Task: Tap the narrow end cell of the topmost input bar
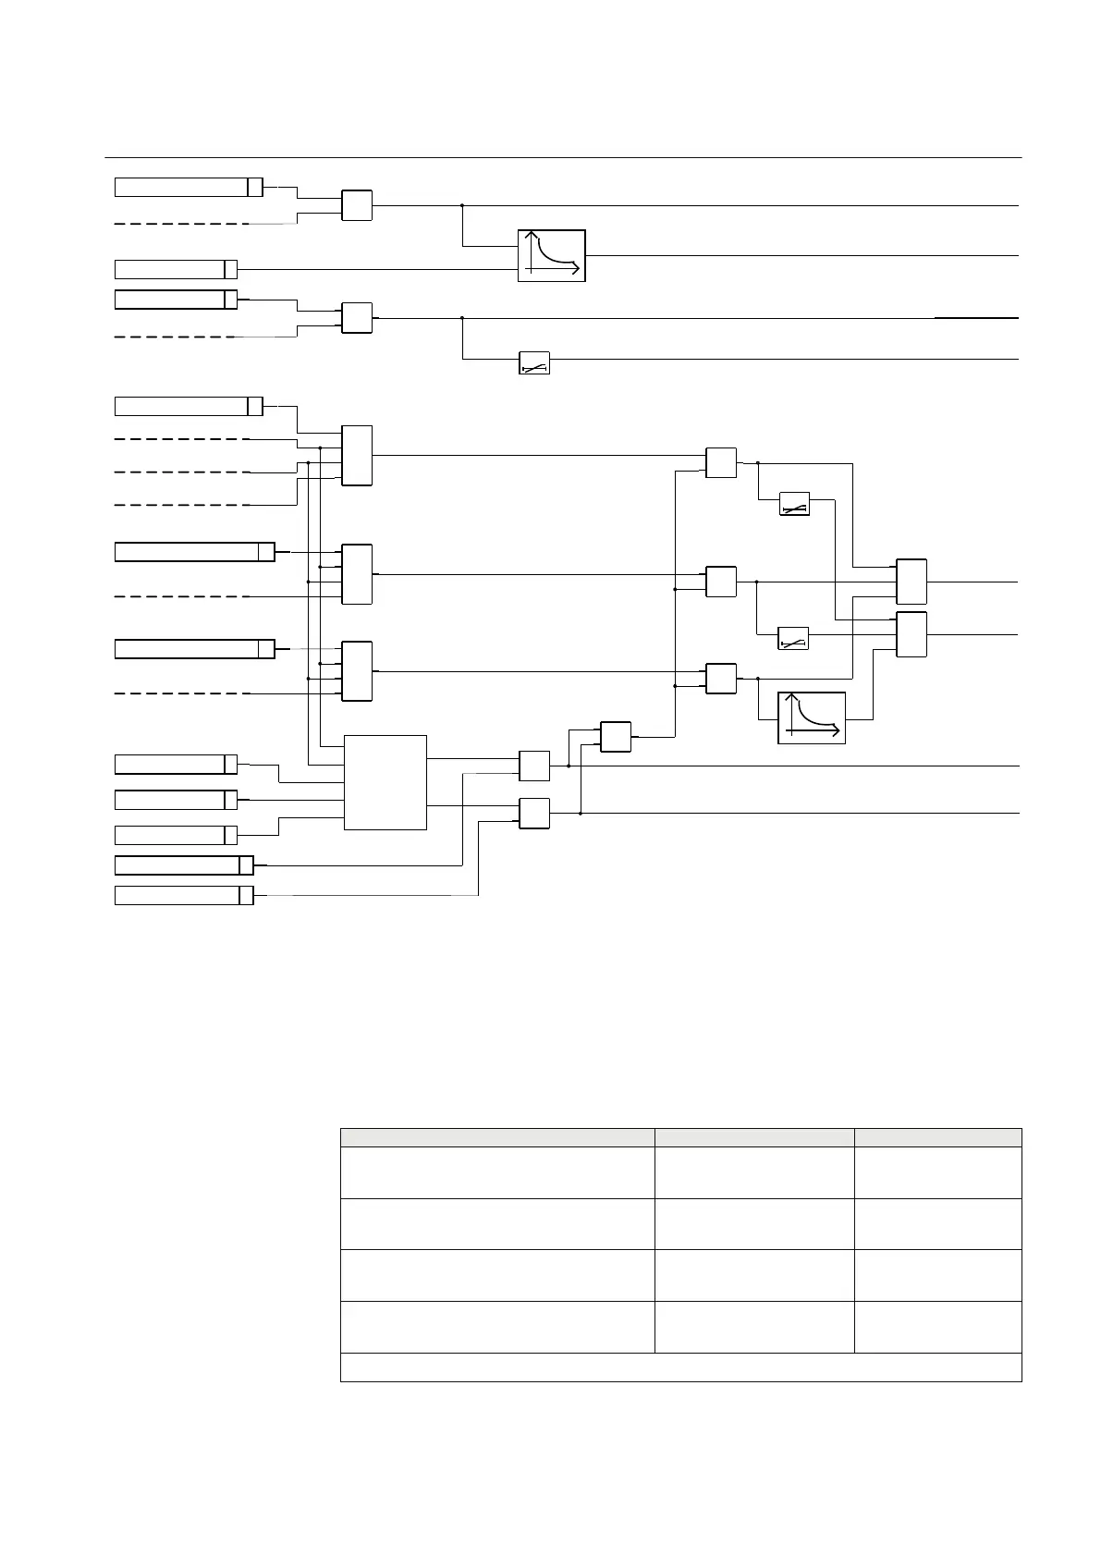pos(255,187)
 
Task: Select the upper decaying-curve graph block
pos(552,255)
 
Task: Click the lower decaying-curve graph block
pos(812,718)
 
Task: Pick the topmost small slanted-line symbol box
pos(534,363)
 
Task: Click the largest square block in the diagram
pos(385,782)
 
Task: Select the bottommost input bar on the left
pos(184,895)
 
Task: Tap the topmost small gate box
pos(357,205)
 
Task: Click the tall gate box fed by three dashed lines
pos(357,455)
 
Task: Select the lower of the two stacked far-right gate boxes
pos(911,634)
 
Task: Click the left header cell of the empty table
pos(497,1137)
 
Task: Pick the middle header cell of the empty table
pos(754,1137)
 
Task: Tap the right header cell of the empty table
pos(938,1137)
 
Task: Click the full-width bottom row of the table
pos(681,1367)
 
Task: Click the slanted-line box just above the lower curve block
pos(794,639)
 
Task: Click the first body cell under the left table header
pos(497,1172)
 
